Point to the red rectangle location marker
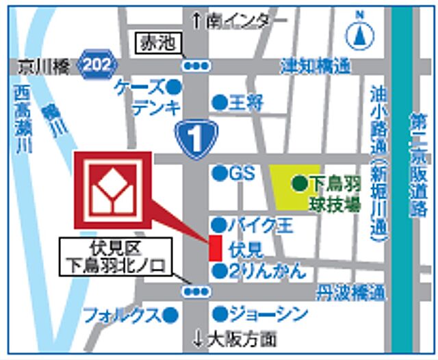[214, 247]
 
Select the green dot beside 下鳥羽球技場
[299, 183]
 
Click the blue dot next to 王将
[219, 103]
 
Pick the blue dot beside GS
[219, 174]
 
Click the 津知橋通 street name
[315, 65]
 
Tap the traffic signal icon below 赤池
[196, 66]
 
